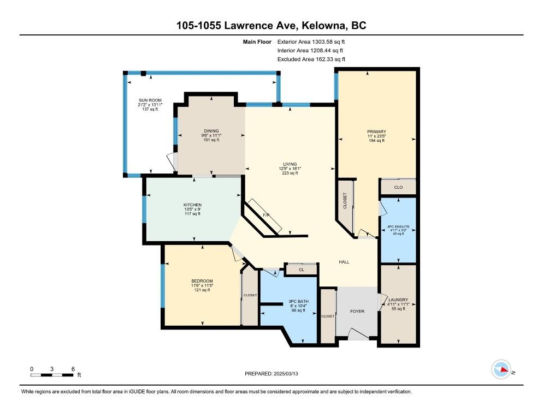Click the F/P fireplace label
266,215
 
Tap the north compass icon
501,369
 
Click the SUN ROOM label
150,100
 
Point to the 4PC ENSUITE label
398,226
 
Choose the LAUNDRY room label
398,300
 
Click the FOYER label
357,312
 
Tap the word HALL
344,262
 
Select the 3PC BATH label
298,301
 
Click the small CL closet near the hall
302,270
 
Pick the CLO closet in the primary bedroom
398,187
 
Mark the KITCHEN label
192,205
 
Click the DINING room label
211,131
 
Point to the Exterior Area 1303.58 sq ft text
311,42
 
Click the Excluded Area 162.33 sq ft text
311,59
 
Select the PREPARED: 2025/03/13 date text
271,374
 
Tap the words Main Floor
257,42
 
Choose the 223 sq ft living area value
290,173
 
